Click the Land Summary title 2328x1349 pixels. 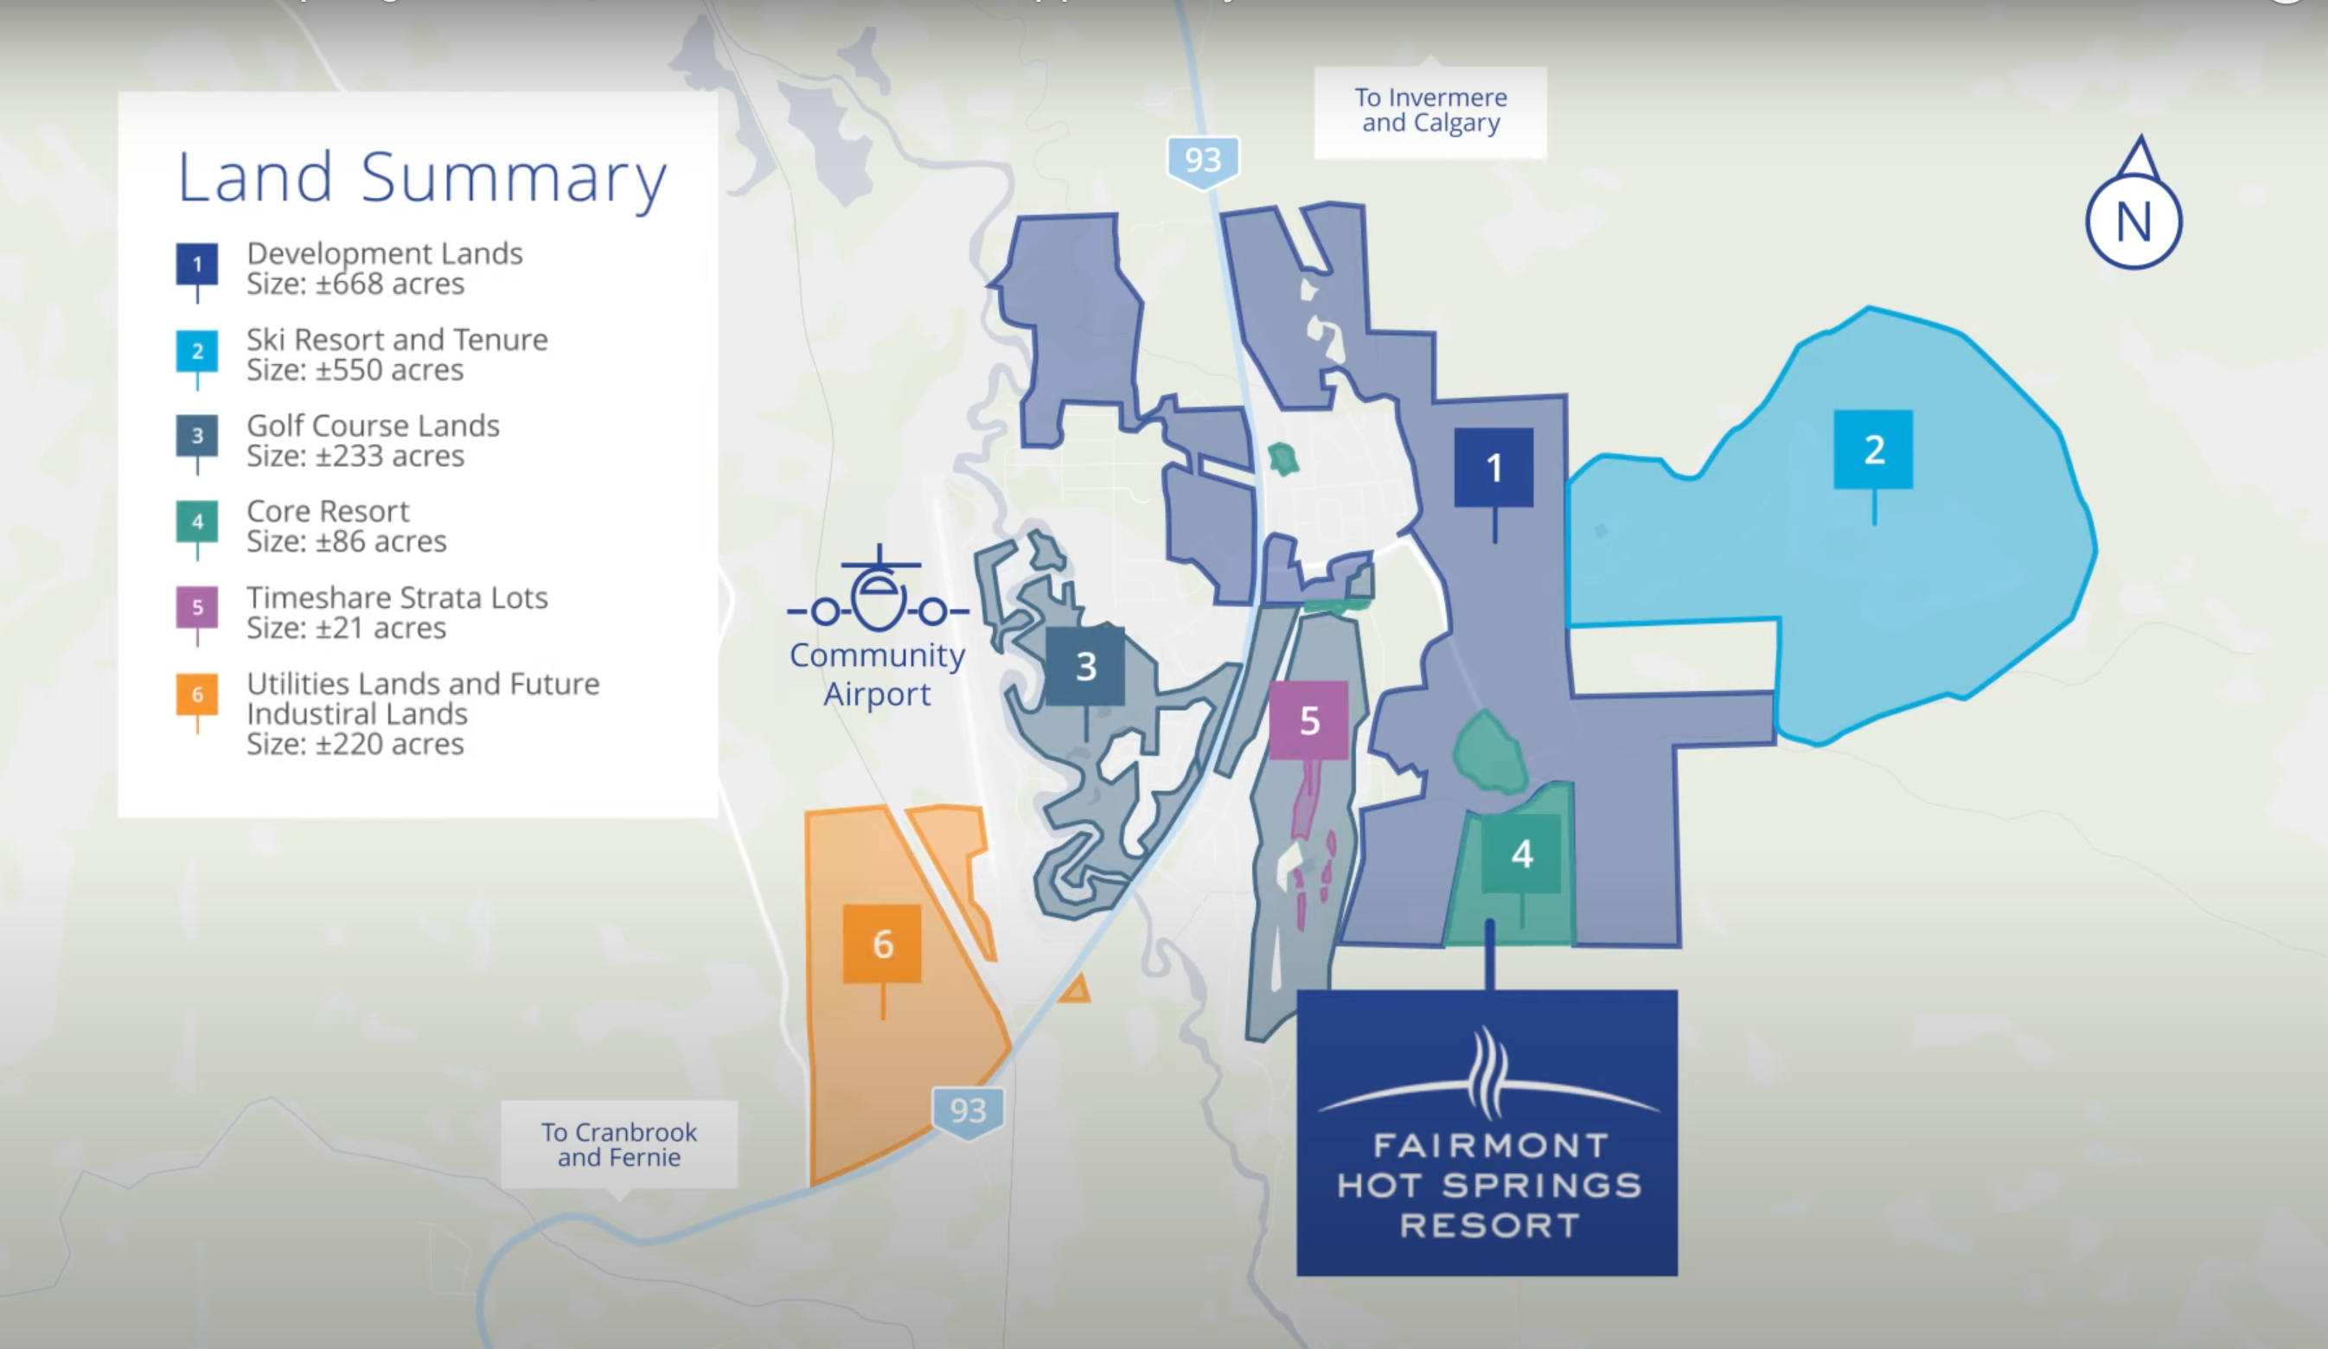click(421, 177)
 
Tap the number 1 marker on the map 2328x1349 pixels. click(1493, 468)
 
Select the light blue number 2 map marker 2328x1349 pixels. click(1872, 450)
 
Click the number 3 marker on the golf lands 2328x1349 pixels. click(1085, 666)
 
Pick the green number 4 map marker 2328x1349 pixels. click(1521, 854)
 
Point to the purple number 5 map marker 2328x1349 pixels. click(1308, 720)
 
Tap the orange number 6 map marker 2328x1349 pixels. click(882, 944)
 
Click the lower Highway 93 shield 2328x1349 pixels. click(967, 1110)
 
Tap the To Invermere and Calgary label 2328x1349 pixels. click(1430, 111)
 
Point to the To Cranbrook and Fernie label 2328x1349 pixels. click(619, 1145)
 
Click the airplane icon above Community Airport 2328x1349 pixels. click(878, 592)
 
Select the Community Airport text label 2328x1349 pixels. click(877, 674)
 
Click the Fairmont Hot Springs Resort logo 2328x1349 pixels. click(1487, 1133)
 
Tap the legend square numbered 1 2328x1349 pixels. click(197, 265)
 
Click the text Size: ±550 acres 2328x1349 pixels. click(355, 370)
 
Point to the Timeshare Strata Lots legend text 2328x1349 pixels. click(397, 598)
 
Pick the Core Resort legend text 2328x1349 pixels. click(328, 511)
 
